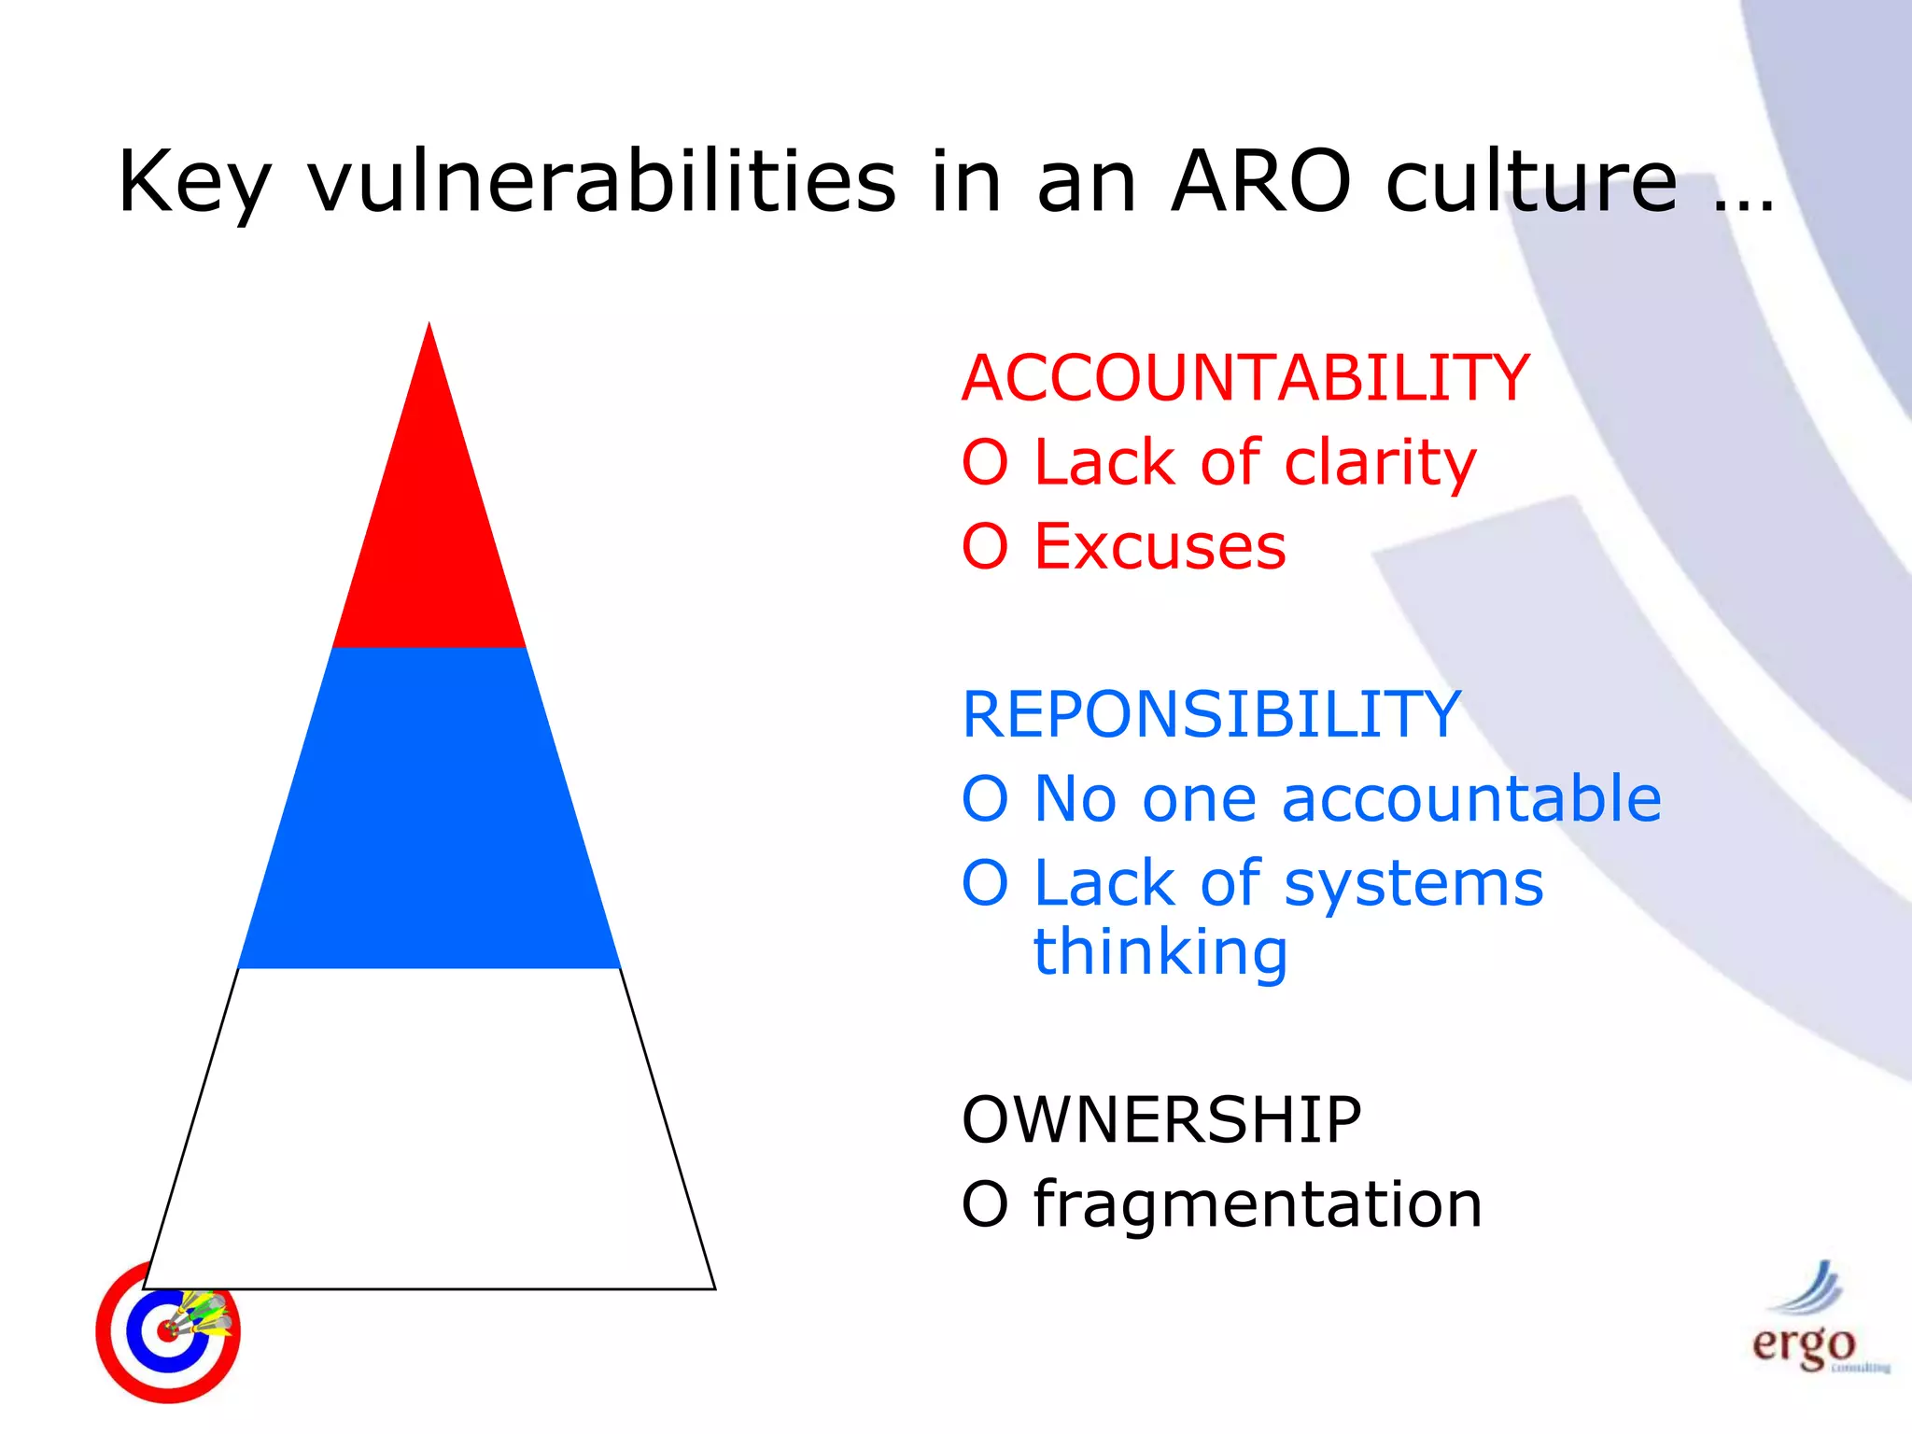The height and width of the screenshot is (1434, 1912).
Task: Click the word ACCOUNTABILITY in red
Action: tap(1245, 379)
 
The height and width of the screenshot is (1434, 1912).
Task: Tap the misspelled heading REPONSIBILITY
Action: tap(1211, 715)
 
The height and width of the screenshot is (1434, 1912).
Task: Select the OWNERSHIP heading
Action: tap(1161, 1119)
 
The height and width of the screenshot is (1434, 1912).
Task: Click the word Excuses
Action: tap(1160, 547)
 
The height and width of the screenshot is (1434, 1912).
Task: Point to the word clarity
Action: tap(1379, 464)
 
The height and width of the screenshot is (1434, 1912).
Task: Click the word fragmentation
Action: tap(1258, 1204)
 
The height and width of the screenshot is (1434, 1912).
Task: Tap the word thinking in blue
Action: tap(1160, 952)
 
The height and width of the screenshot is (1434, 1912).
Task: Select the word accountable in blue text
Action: tap(1471, 799)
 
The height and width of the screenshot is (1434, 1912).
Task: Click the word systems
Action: tap(1413, 884)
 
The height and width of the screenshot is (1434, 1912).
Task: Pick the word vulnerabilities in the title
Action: tap(601, 181)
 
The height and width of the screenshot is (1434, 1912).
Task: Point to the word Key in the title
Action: tap(194, 183)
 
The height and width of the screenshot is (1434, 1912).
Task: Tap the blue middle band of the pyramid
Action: tap(429, 808)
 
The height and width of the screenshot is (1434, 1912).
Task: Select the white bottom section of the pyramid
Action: tap(429, 1130)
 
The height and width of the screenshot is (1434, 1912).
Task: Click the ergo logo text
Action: tap(1802, 1344)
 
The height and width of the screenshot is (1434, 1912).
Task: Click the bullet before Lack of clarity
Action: tap(985, 464)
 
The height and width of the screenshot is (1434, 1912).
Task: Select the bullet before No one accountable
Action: tap(985, 800)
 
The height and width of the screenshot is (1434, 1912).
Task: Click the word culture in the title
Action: tap(1531, 181)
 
